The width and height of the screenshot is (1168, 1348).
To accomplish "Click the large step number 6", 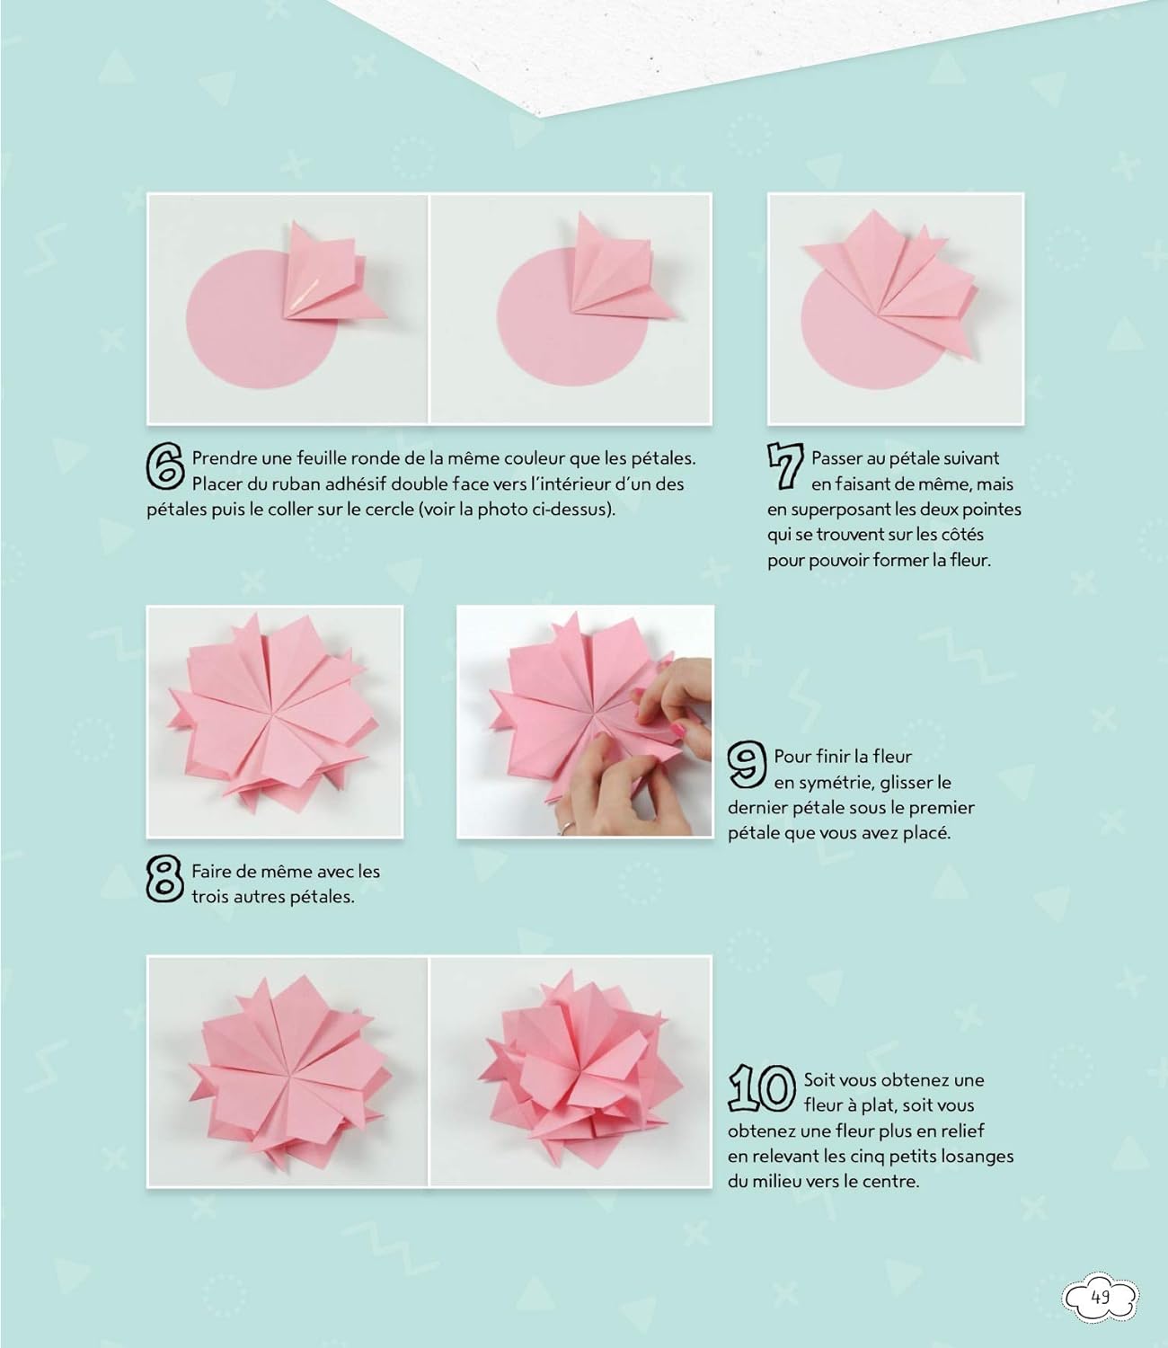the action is pos(165,466).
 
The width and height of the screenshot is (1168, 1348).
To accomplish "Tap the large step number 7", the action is pos(785,466).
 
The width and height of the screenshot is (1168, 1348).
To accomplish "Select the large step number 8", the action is pos(164,880).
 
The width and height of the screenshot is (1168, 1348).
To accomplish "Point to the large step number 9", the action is pos(748,765).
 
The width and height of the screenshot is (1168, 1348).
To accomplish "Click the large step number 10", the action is pos(762,1087).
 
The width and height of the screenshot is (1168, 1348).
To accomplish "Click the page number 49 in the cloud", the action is pos(1101,1297).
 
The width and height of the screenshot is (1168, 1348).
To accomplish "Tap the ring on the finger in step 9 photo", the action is pos(566,827).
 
